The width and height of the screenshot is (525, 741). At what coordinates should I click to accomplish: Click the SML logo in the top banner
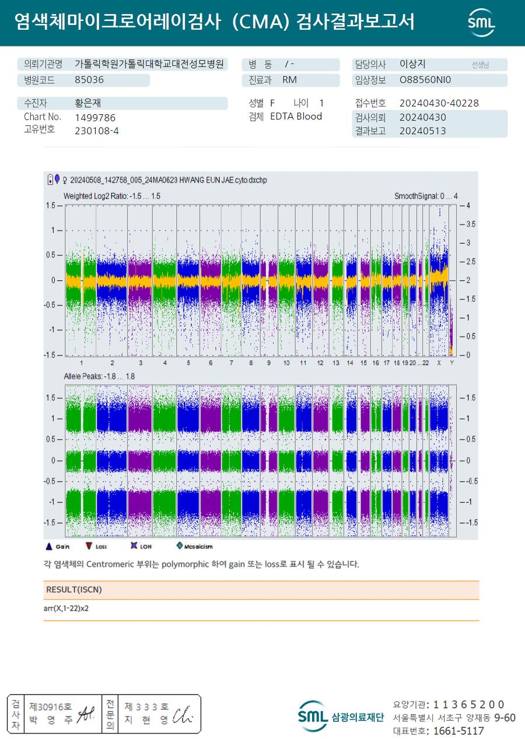(x=481, y=22)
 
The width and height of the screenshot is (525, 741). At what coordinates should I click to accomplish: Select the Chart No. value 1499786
(x=95, y=117)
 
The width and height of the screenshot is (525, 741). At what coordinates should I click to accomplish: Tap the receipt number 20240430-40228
(x=439, y=103)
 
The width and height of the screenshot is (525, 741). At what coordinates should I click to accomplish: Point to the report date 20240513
(x=422, y=131)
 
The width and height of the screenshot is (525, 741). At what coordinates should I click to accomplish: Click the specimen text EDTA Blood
(x=296, y=117)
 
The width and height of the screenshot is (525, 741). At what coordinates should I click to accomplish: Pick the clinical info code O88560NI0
(x=425, y=80)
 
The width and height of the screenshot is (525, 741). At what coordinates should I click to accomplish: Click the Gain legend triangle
(x=49, y=546)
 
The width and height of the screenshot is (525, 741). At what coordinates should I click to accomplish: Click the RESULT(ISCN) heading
(x=74, y=590)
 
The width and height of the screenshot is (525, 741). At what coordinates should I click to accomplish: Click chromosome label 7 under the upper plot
(x=231, y=363)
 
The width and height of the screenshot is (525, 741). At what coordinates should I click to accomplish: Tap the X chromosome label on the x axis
(x=439, y=363)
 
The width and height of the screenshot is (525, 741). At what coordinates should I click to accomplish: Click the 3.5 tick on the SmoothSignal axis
(x=470, y=224)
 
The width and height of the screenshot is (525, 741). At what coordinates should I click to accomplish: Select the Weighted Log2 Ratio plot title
(x=111, y=196)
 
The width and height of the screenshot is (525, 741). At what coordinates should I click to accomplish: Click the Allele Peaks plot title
(x=99, y=377)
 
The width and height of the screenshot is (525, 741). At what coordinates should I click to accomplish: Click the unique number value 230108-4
(x=97, y=131)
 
